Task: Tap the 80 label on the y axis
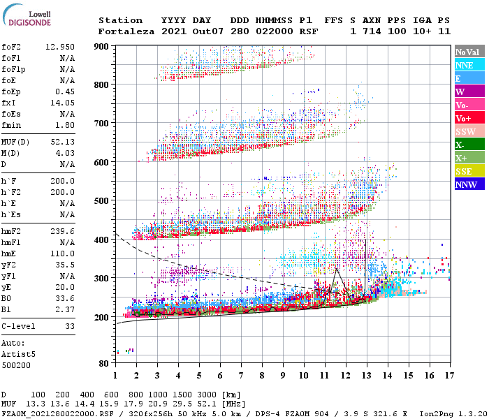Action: point(101,363)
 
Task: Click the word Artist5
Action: point(19,354)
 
